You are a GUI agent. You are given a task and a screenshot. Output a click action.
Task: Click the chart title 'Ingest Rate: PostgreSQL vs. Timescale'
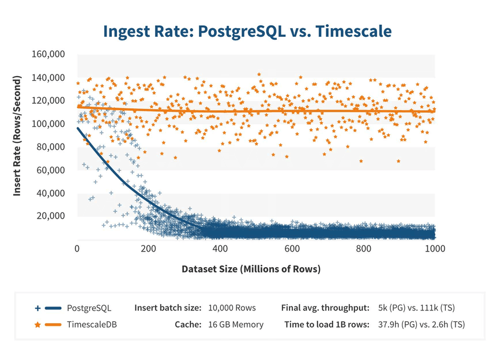pyautogui.click(x=248, y=31)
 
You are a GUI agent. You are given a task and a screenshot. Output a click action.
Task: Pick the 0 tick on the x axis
pyautogui.click(x=77, y=249)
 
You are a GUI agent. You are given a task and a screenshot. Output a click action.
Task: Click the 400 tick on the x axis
pyautogui.click(x=220, y=249)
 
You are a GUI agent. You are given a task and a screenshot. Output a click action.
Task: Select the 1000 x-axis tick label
pyautogui.click(x=434, y=249)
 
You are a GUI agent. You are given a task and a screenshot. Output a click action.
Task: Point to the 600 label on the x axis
pyautogui.click(x=292, y=249)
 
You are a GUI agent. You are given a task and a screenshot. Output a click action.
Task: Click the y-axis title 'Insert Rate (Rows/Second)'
pyautogui.click(x=17, y=135)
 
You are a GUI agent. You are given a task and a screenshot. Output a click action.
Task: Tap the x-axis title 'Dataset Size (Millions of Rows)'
pyautogui.click(x=251, y=269)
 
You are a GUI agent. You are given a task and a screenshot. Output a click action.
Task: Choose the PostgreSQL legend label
pyautogui.click(x=89, y=308)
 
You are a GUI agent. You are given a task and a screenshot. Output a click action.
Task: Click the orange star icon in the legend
pyautogui.click(x=38, y=325)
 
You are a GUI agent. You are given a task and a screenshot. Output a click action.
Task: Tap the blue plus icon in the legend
pyautogui.click(x=38, y=308)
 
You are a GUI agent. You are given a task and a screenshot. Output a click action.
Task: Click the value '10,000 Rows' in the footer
pyautogui.click(x=232, y=308)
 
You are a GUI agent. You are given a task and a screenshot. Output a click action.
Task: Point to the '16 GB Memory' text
pyautogui.click(x=235, y=325)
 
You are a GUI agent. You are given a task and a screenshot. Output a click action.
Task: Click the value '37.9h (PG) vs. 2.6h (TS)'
pyautogui.click(x=421, y=325)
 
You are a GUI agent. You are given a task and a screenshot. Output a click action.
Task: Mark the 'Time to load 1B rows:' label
pyautogui.click(x=327, y=325)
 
